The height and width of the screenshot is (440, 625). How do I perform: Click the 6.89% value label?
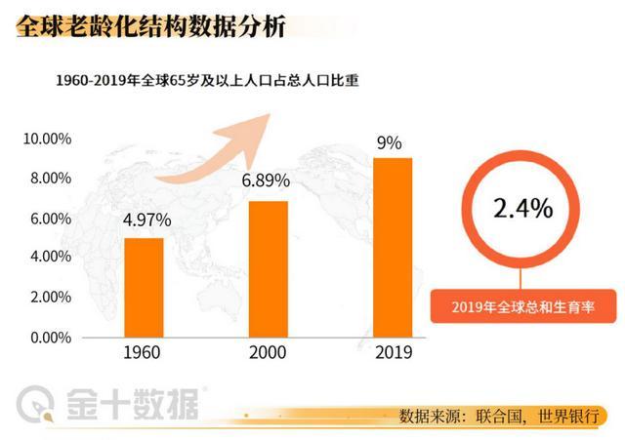click(269, 181)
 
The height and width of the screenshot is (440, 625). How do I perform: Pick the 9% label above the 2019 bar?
click(390, 142)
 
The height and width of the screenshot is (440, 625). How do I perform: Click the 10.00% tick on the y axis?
click(47, 139)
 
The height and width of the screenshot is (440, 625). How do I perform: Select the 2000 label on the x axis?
click(269, 353)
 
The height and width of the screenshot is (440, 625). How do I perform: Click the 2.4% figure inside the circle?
click(522, 209)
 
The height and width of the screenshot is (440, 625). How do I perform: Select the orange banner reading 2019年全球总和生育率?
click(523, 308)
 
